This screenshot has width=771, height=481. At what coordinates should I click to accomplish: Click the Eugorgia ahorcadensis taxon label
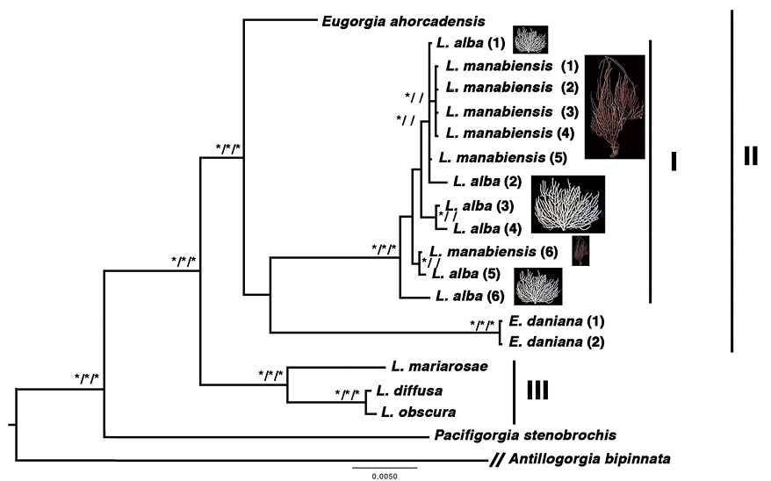(x=403, y=22)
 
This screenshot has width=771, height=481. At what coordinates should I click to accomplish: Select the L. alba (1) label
(x=471, y=43)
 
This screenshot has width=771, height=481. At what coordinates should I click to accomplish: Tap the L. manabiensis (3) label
(x=512, y=112)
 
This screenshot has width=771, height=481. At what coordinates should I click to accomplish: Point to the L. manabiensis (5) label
(x=503, y=158)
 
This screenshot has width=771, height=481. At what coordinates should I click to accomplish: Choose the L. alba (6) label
(x=470, y=296)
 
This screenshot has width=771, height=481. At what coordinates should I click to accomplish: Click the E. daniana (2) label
(x=557, y=341)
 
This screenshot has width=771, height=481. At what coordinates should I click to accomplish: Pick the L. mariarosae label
(x=440, y=366)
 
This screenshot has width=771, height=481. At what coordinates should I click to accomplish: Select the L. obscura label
(x=419, y=412)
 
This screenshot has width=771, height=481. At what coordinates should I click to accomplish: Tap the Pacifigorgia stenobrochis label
(x=525, y=434)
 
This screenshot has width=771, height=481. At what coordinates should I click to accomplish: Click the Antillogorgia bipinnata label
(x=589, y=459)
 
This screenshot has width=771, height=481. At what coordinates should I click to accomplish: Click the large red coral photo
(x=615, y=107)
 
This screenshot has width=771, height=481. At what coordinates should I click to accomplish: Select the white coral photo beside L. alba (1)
(x=530, y=39)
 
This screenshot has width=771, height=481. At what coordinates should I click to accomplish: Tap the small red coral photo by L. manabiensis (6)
(x=580, y=251)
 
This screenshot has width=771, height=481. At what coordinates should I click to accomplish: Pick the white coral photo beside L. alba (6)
(x=538, y=286)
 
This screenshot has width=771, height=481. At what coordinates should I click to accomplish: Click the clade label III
(x=537, y=391)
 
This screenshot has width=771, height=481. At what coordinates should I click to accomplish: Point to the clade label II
(x=751, y=156)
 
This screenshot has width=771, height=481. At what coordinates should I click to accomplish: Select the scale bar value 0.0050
(x=385, y=476)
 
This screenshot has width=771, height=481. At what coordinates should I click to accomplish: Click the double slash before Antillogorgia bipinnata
(x=497, y=460)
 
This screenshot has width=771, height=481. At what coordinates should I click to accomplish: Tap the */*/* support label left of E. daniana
(x=482, y=325)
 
